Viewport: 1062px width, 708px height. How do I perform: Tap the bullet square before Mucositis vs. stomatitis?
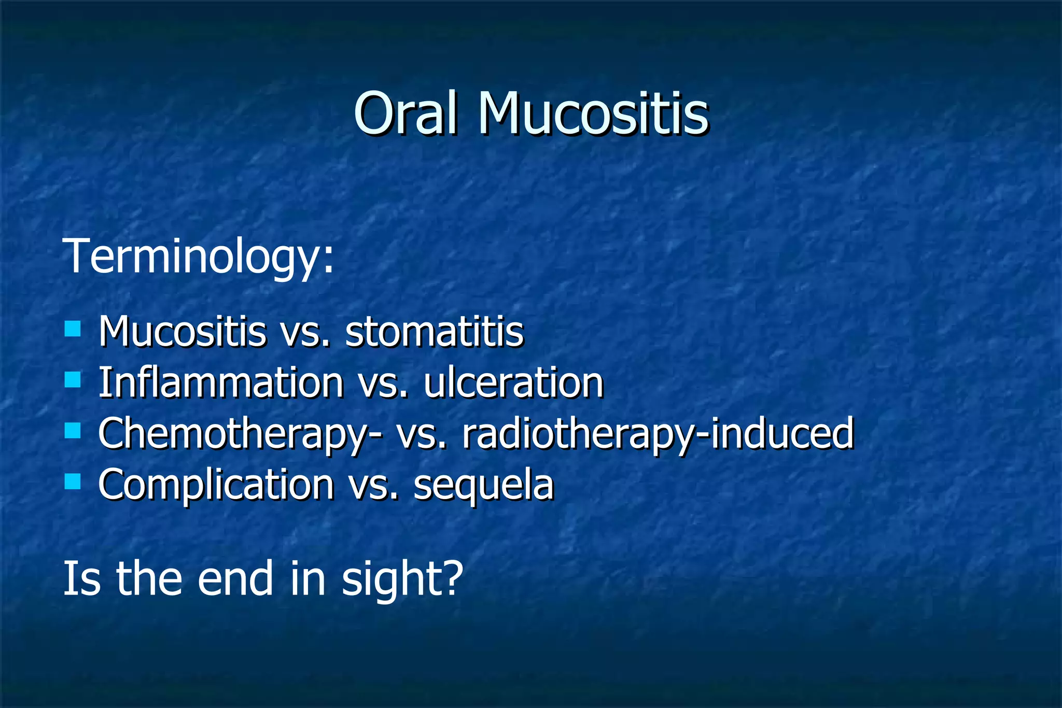[x=73, y=329]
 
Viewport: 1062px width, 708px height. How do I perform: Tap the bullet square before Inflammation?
[x=73, y=380]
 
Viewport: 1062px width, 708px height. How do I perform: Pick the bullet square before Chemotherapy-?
[x=73, y=431]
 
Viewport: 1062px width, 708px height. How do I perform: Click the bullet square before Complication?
[x=73, y=482]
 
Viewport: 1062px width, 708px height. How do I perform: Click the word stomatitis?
[x=435, y=331]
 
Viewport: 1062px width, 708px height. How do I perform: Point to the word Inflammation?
[x=221, y=383]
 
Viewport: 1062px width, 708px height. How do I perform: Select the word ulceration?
[x=513, y=383]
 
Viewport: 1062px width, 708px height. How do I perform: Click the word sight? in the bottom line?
[x=402, y=579]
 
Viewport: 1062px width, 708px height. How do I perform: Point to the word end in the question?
[x=235, y=578]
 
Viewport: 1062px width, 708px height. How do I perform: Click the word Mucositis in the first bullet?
[x=182, y=331]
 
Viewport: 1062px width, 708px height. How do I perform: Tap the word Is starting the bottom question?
[x=81, y=578]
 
